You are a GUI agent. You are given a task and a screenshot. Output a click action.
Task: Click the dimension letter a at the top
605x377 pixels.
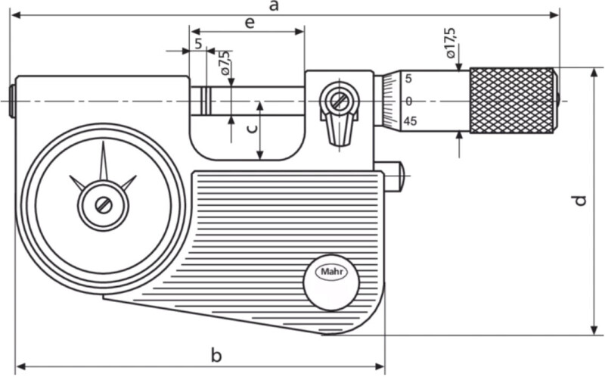[x=274, y=7]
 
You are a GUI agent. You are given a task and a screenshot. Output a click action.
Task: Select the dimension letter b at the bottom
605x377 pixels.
[x=216, y=355]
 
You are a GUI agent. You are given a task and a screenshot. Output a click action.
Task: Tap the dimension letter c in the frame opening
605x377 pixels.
[x=251, y=129]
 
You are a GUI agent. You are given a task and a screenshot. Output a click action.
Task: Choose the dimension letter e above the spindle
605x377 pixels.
[x=250, y=23]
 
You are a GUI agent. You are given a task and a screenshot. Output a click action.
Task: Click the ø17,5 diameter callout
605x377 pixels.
[x=451, y=43]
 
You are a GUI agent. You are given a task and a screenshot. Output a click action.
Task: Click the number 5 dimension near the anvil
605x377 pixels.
[x=198, y=44]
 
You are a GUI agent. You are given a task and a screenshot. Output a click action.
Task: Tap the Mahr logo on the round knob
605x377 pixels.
[x=331, y=272]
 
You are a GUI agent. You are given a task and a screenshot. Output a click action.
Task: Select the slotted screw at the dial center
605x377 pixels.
[x=104, y=205]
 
